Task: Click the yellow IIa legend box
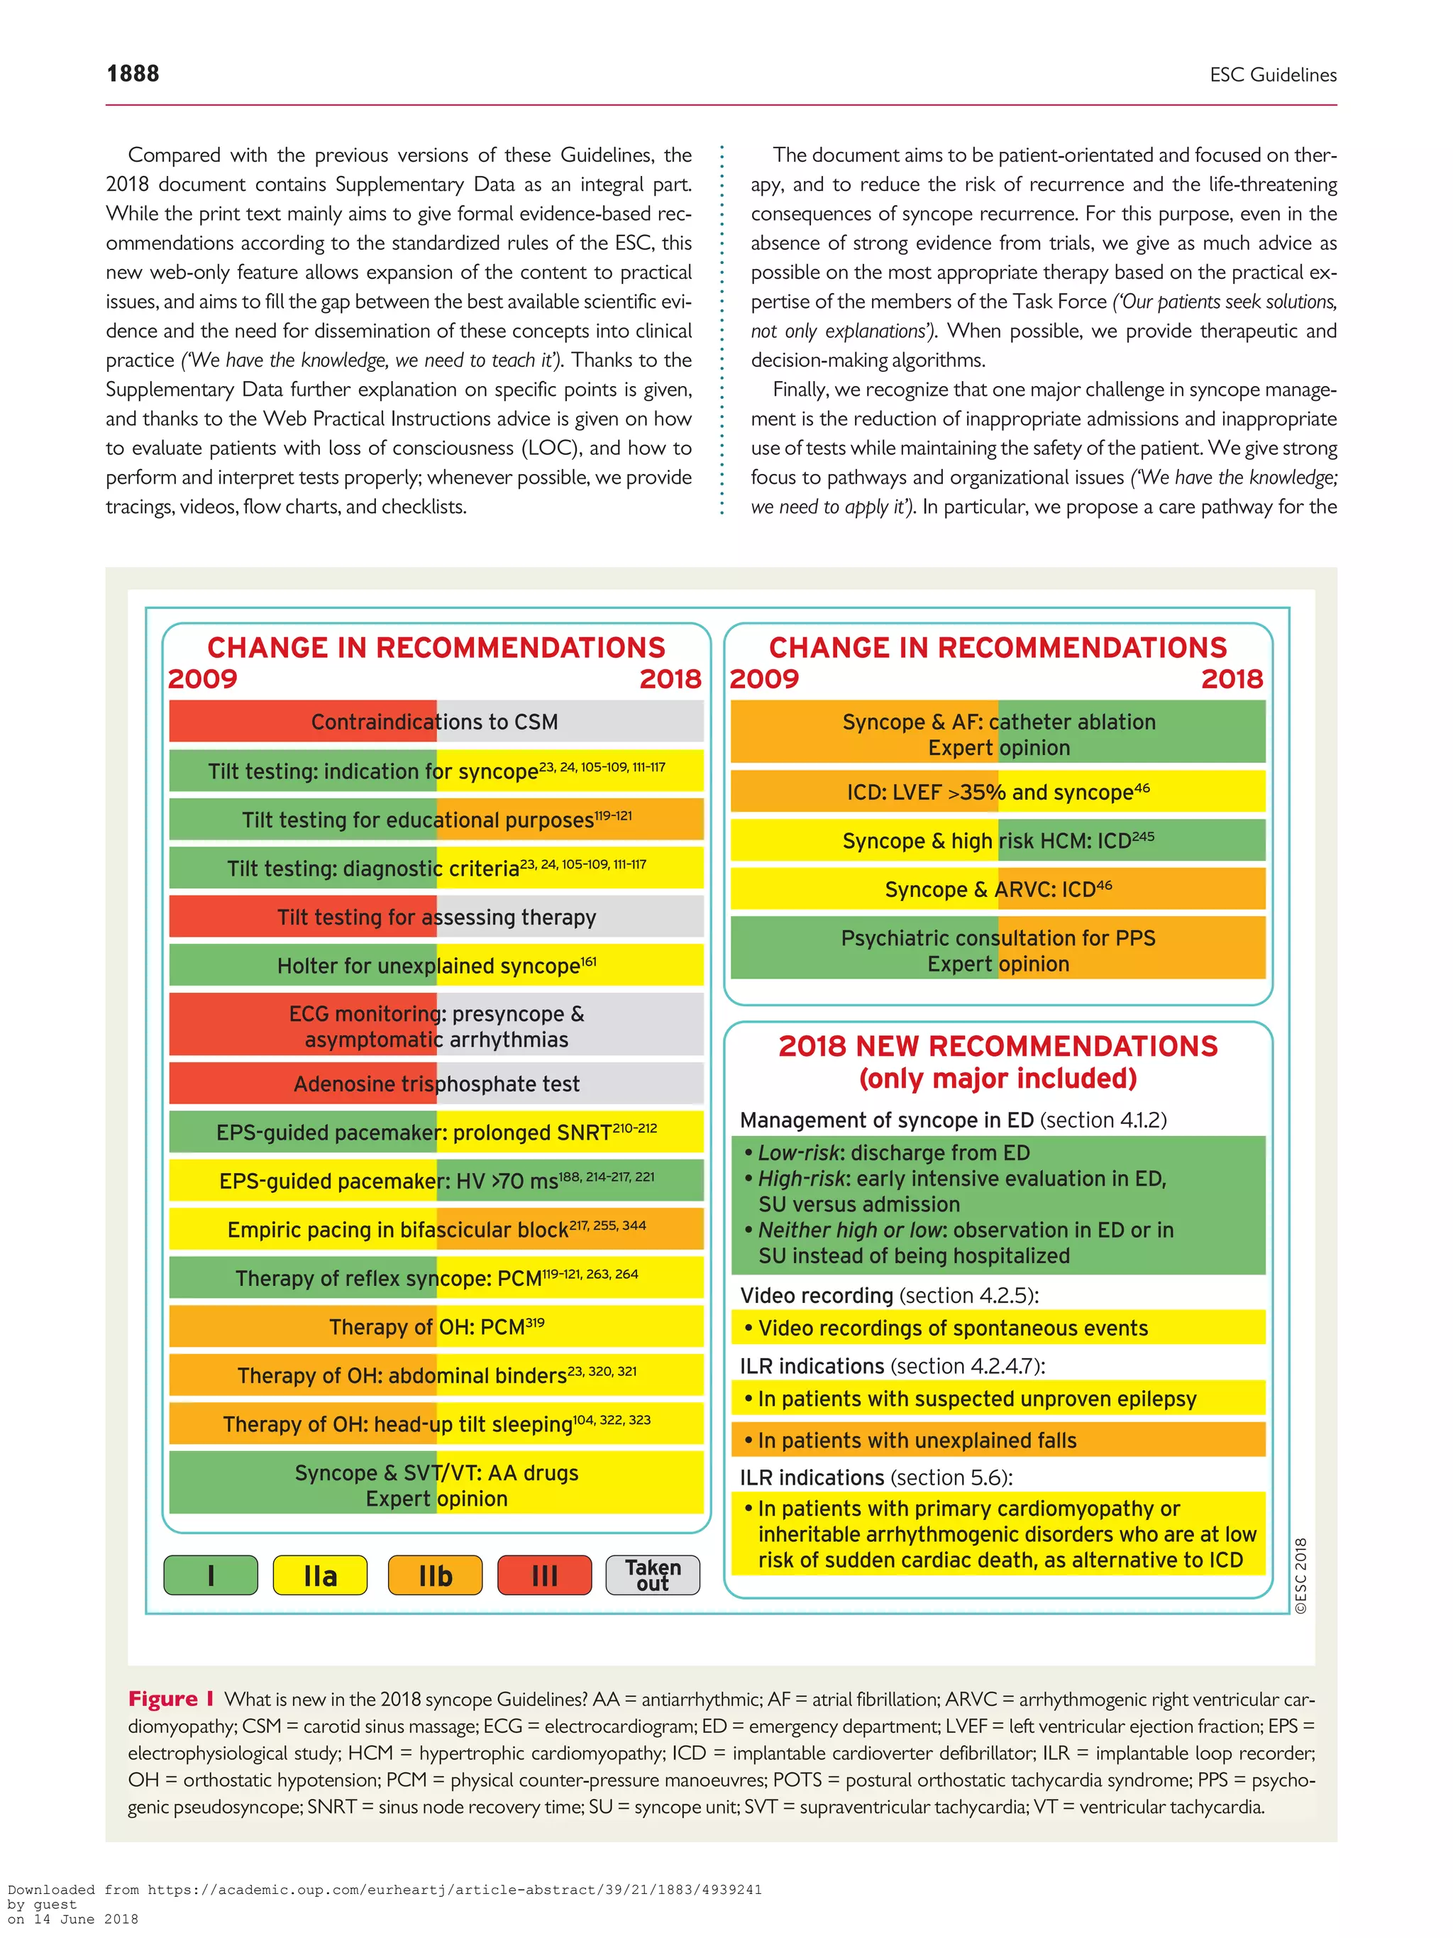coord(320,1575)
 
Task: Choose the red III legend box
coord(544,1575)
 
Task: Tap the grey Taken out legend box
coord(653,1575)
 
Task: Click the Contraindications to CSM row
coord(436,722)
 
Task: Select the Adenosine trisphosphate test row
coord(436,1084)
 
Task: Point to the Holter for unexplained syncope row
coord(436,966)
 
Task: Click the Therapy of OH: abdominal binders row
coord(436,1375)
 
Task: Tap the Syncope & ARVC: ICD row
coord(998,889)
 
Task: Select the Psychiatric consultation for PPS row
coord(998,949)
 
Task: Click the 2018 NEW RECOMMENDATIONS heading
coord(998,1046)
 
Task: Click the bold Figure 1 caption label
coord(171,1699)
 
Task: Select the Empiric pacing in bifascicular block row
coord(436,1229)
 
